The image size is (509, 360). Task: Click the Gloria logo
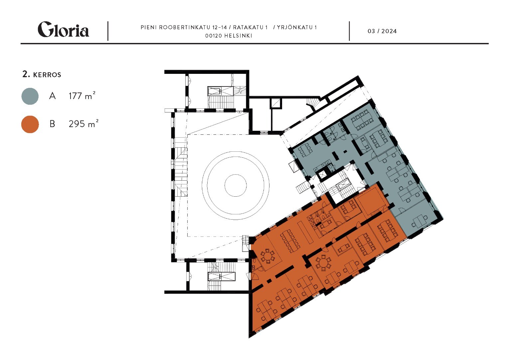[x=63, y=29]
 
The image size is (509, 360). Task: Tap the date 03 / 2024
[x=382, y=31]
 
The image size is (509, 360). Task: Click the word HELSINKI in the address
[x=238, y=36]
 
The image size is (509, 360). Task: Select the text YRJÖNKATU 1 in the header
[x=297, y=27]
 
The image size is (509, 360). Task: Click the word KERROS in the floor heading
[x=47, y=75]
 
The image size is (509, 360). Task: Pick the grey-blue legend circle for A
[x=30, y=96]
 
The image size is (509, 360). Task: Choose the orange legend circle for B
[x=30, y=124]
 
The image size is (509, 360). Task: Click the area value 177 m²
[x=82, y=96]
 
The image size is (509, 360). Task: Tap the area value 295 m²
[x=84, y=124]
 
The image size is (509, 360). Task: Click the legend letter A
[x=53, y=96]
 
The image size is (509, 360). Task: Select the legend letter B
[x=52, y=124]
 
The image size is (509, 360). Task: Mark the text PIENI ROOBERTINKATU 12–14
[x=184, y=27]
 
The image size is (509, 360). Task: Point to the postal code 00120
[x=213, y=36]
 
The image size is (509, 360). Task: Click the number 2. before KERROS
[x=26, y=74]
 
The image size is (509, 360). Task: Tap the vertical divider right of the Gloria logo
[x=108, y=31]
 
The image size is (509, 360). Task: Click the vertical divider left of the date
[x=349, y=31]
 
